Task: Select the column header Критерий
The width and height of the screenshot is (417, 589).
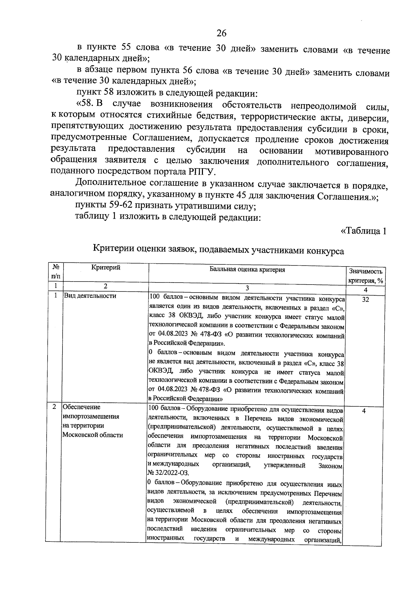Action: pos(106,268)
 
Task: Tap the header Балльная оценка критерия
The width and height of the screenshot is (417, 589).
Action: pos(247,270)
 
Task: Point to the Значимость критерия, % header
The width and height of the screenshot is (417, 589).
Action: pos(366,276)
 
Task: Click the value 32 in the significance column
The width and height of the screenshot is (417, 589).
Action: pos(365,300)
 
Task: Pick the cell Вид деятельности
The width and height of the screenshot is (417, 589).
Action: pos(89,296)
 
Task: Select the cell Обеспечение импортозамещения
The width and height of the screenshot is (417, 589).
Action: pos(90,412)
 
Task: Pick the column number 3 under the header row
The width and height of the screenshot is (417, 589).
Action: pos(247,288)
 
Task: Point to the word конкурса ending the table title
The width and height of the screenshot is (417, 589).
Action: pos(325,251)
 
